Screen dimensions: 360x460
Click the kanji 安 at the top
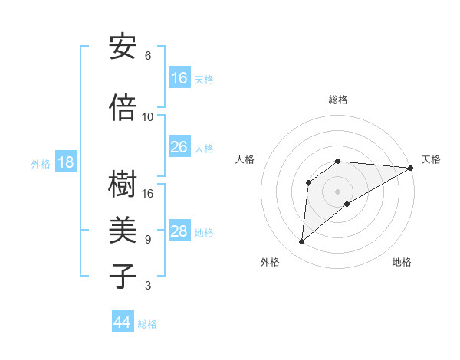coord(123,47)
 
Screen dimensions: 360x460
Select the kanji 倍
coord(123,108)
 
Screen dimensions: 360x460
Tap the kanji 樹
coord(123,185)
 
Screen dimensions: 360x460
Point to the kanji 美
coord(123,231)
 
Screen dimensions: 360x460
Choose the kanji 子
coord(123,277)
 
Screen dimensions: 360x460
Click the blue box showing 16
coord(179,77)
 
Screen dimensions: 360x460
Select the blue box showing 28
coord(179,231)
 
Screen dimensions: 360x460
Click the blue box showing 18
coord(65,162)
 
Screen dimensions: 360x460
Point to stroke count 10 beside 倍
coord(148,116)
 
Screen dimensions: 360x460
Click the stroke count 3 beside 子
coord(148,286)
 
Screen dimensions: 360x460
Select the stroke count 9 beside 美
coord(148,239)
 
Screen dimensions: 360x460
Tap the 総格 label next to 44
coord(147,324)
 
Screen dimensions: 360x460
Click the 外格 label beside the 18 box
coord(41,163)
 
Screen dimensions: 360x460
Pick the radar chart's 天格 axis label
coord(431,159)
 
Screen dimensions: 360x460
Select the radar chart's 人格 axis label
coord(245,159)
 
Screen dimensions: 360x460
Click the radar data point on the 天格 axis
coord(411,168)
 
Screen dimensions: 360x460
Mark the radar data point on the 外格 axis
coord(301,242)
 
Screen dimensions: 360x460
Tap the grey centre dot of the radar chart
coord(337,191)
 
